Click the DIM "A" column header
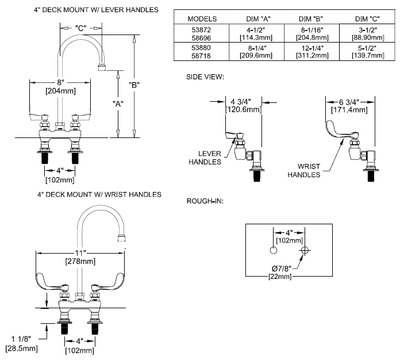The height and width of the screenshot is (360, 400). [x=257, y=18]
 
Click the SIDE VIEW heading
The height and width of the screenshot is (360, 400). [x=205, y=76]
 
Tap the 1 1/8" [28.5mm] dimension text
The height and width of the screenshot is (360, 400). [x=20, y=343]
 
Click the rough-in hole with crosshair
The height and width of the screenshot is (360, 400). [x=305, y=251]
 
